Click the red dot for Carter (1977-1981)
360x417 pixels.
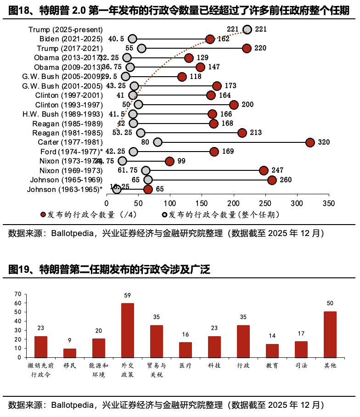[310, 142]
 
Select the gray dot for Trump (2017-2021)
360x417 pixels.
[141, 48]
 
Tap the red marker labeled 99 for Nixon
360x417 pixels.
[169, 161]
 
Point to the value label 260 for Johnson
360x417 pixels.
[286, 180]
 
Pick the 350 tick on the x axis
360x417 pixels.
[328, 203]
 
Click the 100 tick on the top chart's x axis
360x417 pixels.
[170, 203]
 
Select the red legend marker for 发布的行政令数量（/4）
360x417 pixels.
[44, 214]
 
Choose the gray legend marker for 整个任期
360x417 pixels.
[164, 214]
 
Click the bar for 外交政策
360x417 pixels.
[128, 330]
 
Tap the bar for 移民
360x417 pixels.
[70, 353]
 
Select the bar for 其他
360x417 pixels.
[330, 334]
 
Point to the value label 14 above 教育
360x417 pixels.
[272, 336]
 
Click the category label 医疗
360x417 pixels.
[186, 366]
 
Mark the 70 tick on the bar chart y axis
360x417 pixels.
[18, 294]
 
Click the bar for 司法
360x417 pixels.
[301, 349]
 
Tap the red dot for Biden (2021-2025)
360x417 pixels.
[210, 39]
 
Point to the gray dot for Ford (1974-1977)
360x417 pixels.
[133, 152]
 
